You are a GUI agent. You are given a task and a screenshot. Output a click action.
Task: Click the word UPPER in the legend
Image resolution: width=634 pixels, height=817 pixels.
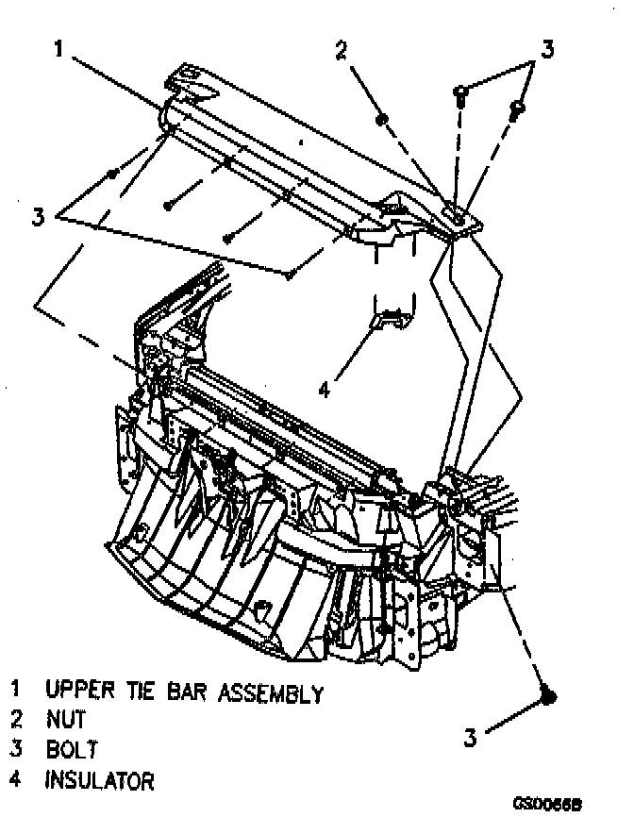click(80, 694)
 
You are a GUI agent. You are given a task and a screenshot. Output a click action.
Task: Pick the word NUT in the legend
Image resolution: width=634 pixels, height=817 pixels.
click(65, 722)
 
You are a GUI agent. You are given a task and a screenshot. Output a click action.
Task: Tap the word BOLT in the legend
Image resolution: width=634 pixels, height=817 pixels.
click(72, 752)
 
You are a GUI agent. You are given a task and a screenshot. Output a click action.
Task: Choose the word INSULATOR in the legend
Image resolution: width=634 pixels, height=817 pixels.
click(99, 781)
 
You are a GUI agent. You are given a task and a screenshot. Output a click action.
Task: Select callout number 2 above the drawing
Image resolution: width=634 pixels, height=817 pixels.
click(342, 51)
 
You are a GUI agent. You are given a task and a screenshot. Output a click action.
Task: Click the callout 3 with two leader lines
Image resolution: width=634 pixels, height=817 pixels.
click(546, 47)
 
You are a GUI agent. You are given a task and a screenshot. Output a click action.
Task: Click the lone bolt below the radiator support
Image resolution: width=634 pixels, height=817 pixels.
click(549, 696)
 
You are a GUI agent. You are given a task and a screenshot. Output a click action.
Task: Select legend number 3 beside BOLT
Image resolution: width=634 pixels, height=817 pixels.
click(16, 752)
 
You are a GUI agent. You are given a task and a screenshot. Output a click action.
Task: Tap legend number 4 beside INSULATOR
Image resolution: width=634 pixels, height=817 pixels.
click(16, 781)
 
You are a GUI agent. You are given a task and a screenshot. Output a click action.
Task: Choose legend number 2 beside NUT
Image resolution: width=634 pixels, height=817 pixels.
click(16, 722)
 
